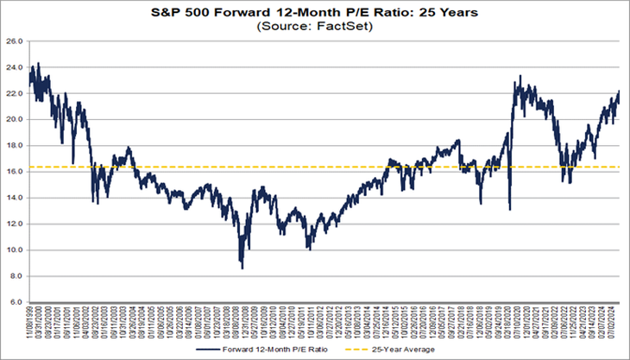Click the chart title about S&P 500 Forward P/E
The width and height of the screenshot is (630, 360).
pos(314,13)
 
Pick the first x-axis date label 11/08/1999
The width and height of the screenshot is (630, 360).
pos(30,322)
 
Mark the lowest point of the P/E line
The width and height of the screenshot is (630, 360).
pos(242,268)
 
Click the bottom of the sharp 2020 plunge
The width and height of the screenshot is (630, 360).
pos(510,209)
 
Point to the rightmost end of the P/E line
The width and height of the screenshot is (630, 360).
pos(620,92)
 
